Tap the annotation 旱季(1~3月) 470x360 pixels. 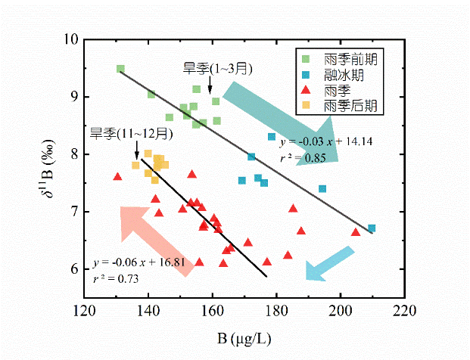pyautogui.click(x=217, y=69)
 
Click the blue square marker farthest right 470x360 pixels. pyautogui.click(x=371, y=228)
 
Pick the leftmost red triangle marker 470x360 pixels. pyautogui.click(x=117, y=177)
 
